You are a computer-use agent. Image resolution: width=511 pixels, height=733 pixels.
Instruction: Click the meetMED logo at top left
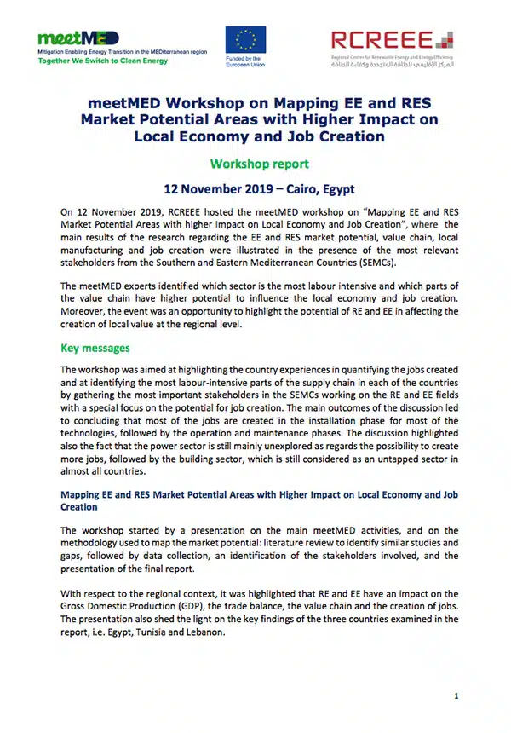(78, 38)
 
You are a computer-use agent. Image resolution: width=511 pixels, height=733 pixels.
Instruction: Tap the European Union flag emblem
(244, 42)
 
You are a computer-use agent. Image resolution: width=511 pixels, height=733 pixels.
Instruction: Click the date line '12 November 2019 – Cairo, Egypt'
(255, 189)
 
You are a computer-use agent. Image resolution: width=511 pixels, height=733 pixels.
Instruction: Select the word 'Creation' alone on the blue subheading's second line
(79, 506)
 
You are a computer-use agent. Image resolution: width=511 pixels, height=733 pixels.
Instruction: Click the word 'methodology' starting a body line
(95, 543)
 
